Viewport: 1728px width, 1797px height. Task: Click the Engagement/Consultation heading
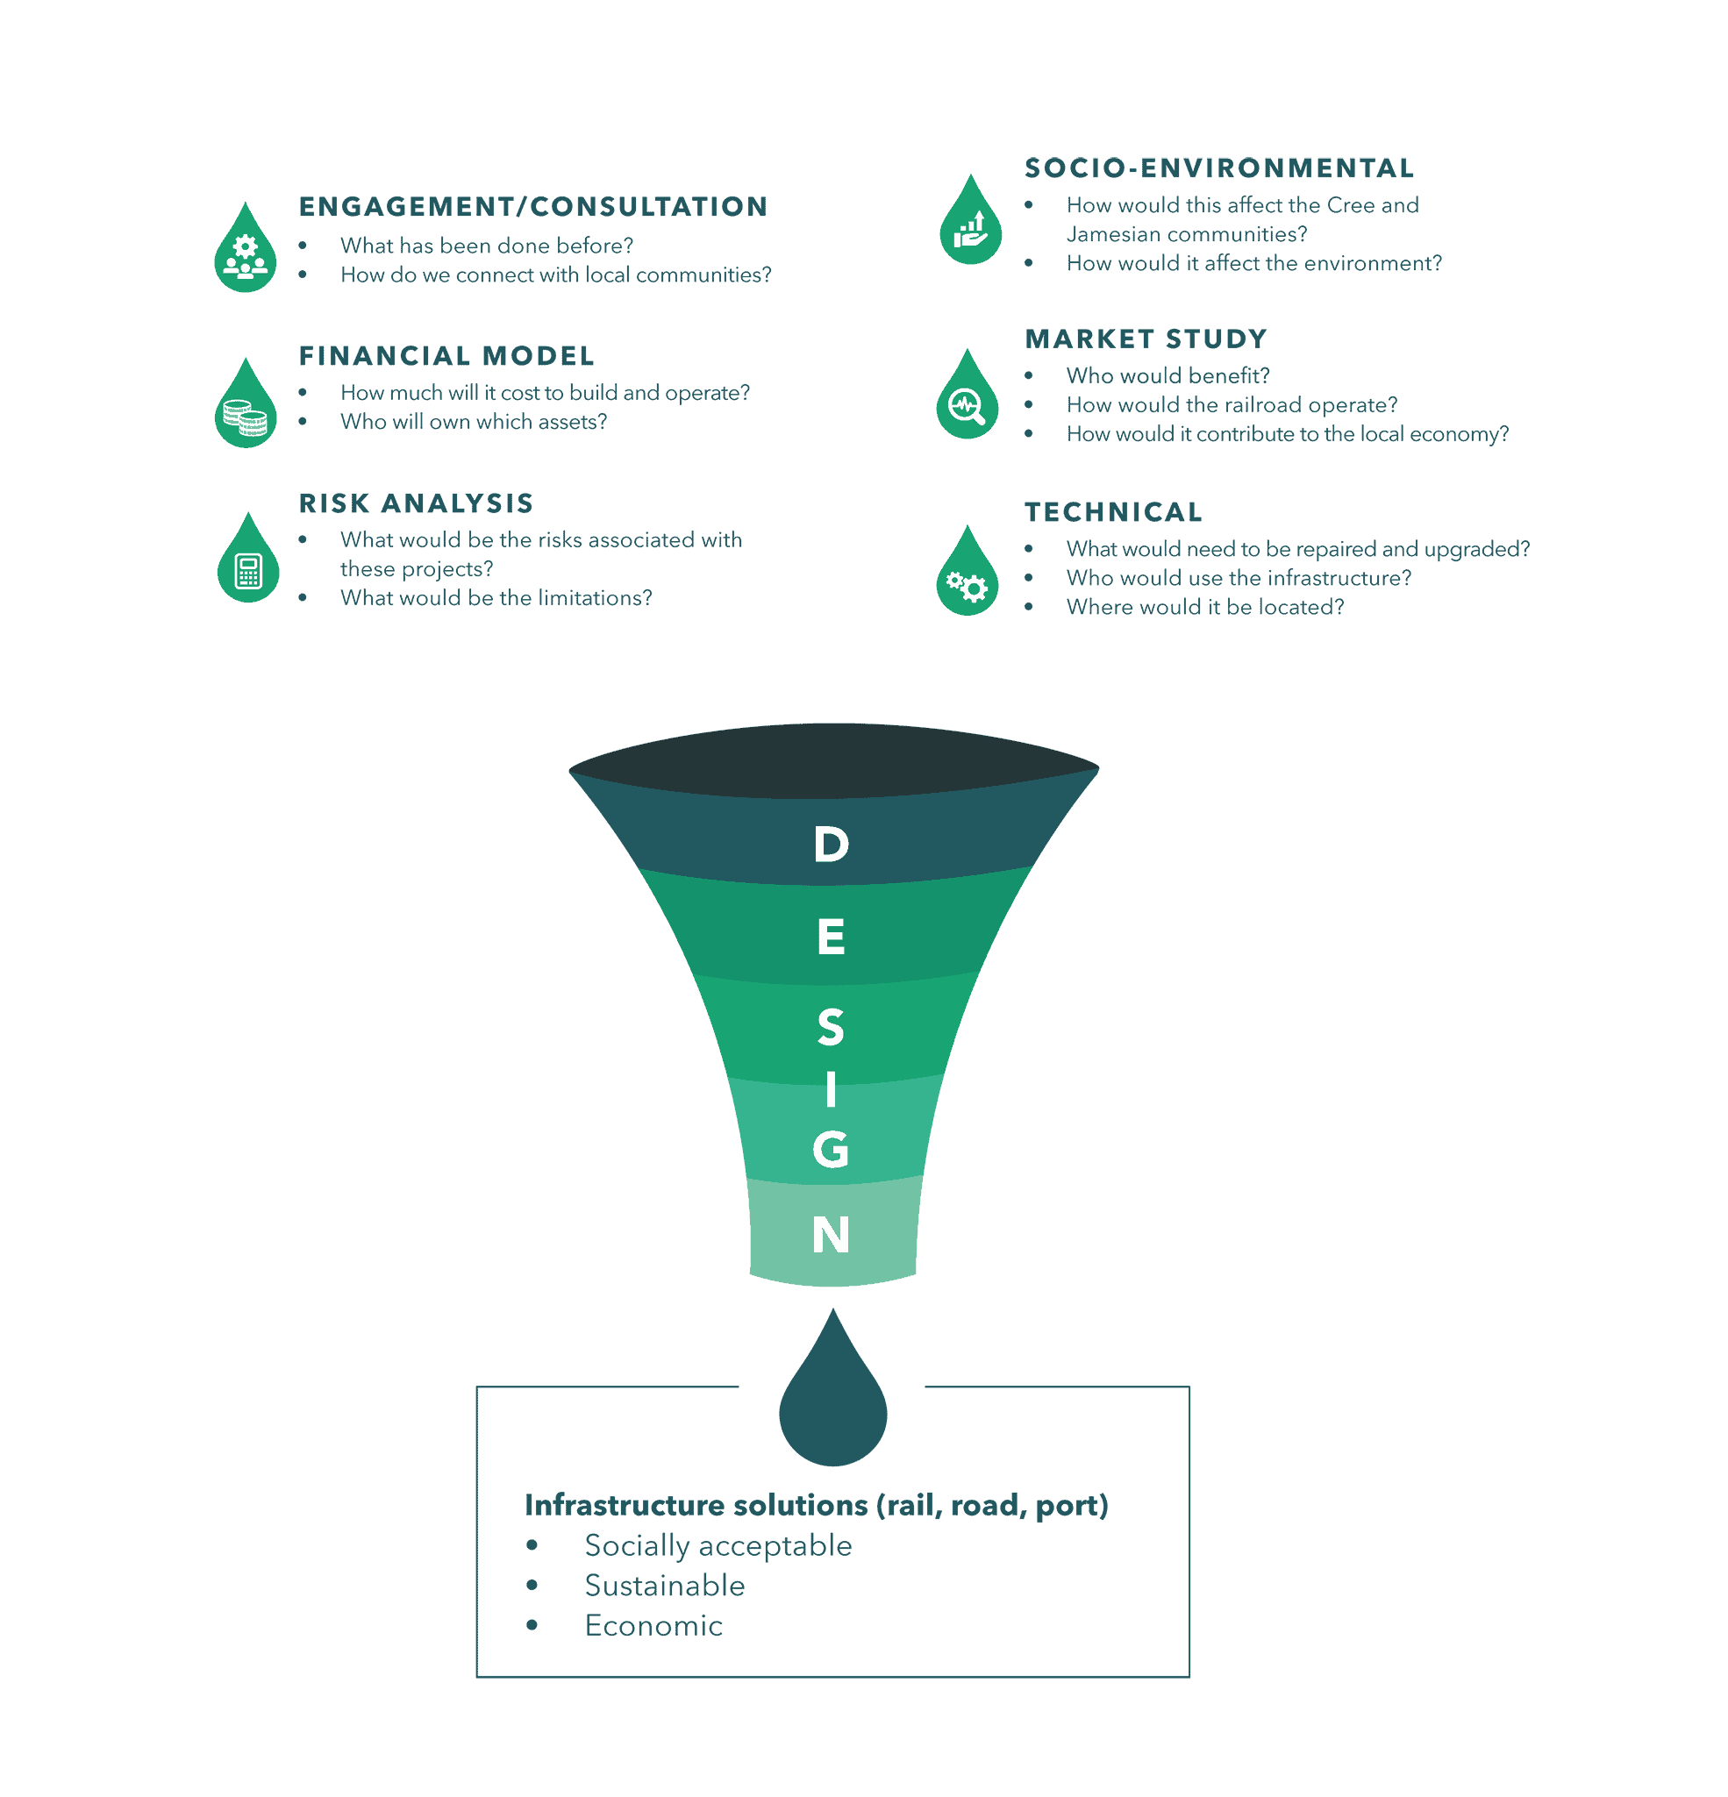click(533, 206)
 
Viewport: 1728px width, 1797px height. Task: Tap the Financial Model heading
click(446, 356)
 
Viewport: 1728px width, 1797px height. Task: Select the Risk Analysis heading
click(417, 503)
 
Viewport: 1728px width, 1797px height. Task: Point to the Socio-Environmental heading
click(1219, 168)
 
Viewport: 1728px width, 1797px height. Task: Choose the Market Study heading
click(1146, 339)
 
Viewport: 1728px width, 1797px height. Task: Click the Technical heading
click(1113, 511)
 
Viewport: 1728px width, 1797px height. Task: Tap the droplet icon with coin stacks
click(246, 403)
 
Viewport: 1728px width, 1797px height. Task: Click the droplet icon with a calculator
click(247, 558)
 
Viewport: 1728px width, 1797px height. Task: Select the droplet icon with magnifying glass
click(968, 395)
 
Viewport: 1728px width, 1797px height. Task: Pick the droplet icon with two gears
click(968, 570)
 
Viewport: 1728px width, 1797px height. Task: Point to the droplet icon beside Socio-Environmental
click(970, 220)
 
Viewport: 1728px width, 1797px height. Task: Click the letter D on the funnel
click(831, 844)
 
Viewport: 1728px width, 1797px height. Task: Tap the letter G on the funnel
click(830, 1149)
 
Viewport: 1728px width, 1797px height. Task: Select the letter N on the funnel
click(831, 1234)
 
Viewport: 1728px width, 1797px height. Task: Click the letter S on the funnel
click(831, 1027)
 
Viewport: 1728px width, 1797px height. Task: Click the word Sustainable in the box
click(665, 1586)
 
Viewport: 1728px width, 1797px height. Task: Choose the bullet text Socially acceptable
click(718, 1546)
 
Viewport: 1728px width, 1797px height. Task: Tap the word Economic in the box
click(654, 1626)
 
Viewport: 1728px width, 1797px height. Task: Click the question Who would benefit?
click(1167, 376)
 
